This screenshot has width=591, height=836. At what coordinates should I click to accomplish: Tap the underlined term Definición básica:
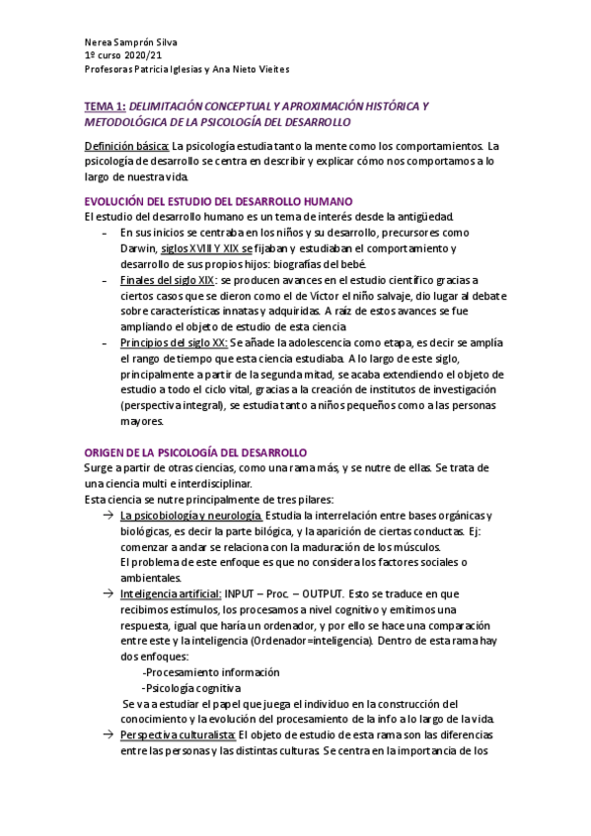click(x=126, y=146)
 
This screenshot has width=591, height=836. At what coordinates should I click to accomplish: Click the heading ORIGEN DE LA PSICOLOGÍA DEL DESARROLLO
click(x=196, y=452)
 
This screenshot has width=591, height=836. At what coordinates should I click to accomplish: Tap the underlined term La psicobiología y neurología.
click(x=190, y=516)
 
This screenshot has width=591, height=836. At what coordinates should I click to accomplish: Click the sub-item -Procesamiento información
click(x=210, y=671)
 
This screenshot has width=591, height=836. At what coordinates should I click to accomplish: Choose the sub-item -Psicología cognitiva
click(x=190, y=687)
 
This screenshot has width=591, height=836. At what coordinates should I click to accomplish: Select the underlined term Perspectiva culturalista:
click(x=178, y=735)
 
